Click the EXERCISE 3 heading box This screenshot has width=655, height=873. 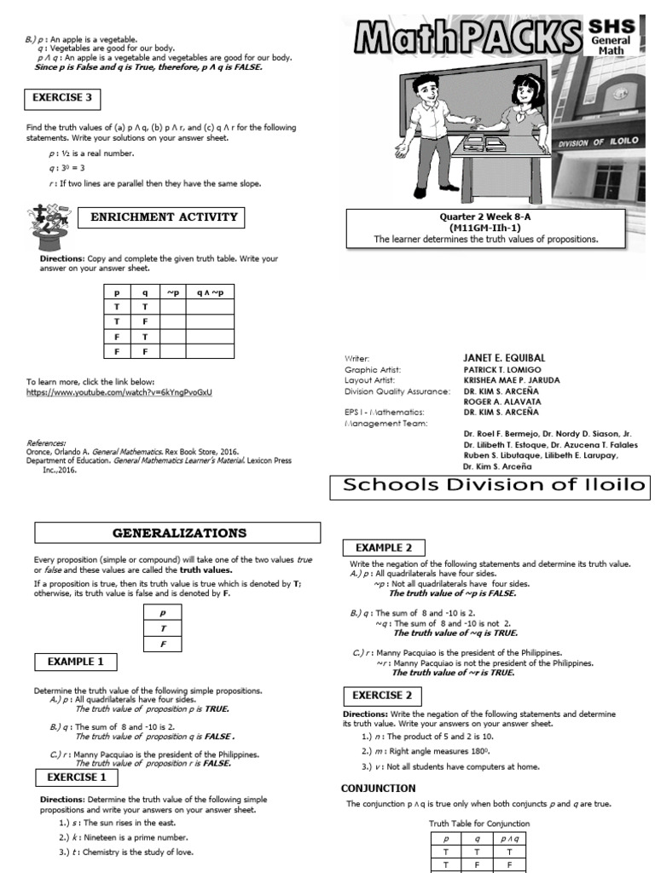pos(64,98)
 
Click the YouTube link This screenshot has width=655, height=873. pos(119,392)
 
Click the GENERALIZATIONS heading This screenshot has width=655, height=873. pos(178,533)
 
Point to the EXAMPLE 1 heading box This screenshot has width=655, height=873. pos(76,661)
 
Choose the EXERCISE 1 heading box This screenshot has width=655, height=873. pos(77,777)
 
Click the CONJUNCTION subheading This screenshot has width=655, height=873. pos(379,788)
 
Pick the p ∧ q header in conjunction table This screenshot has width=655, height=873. pos(509,839)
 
